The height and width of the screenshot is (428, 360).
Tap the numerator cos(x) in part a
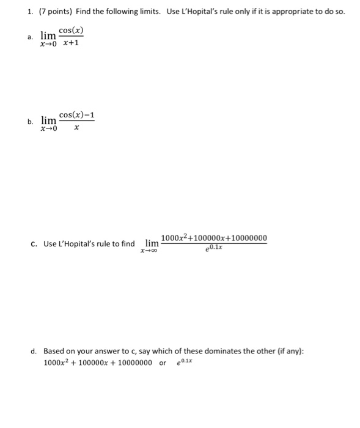(71, 30)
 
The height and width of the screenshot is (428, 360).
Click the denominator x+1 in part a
(71, 43)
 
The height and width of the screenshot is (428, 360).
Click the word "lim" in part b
(49, 120)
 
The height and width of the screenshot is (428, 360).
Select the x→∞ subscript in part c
(149, 251)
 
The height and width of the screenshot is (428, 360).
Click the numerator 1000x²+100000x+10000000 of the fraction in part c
(213, 237)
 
